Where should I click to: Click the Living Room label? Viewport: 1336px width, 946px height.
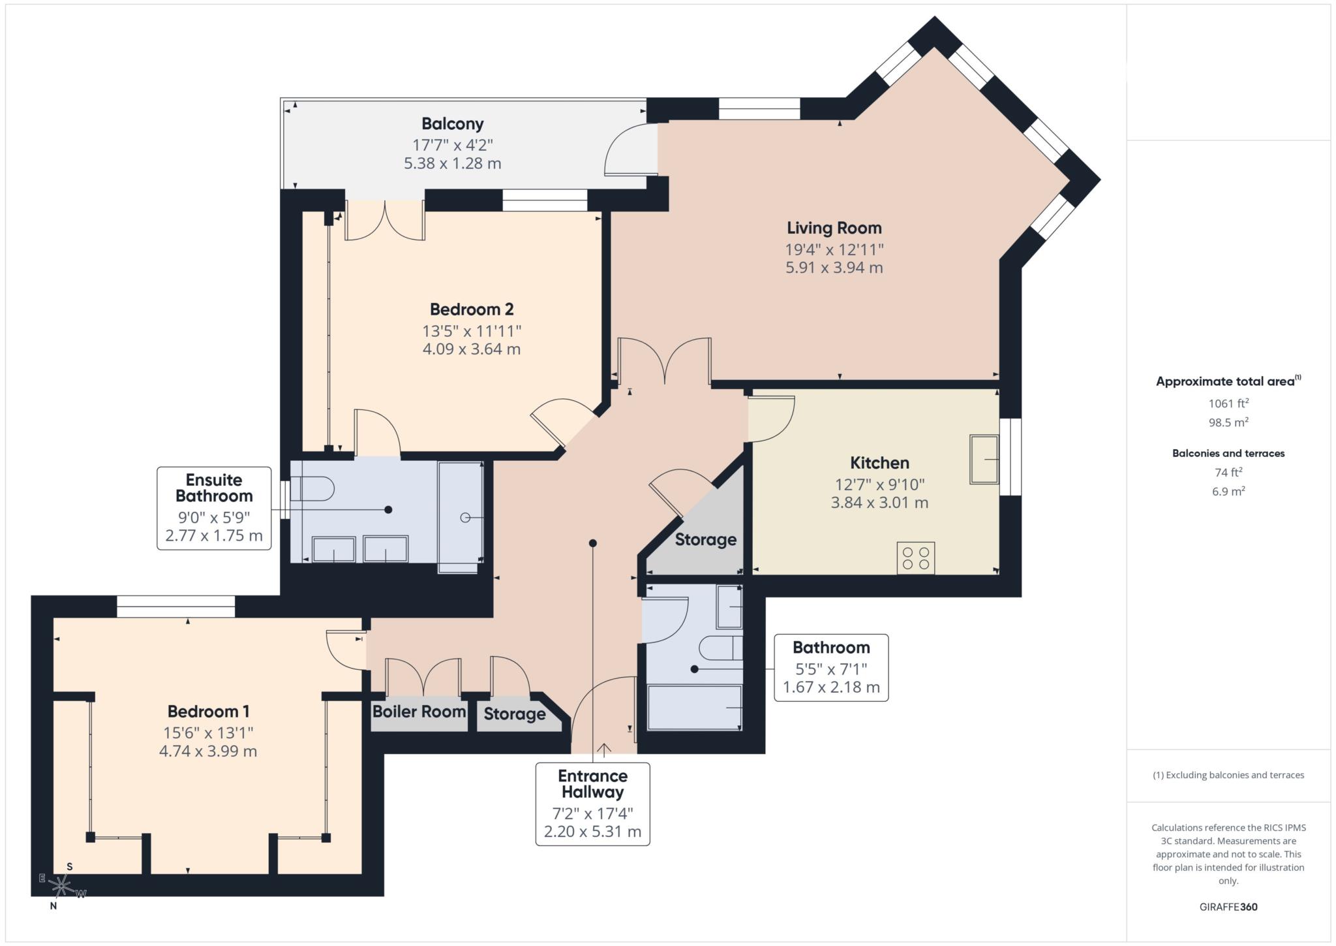pyautogui.click(x=834, y=228)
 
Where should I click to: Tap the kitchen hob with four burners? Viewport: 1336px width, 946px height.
pyautogui.click(x=915, y=558)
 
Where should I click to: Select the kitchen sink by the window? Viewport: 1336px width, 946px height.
pyautogui.click(x=984, y=460)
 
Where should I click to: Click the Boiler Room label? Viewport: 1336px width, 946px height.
pyautogui.click(x=419, y=712)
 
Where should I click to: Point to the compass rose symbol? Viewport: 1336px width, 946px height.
pyautogui.click(x=61, y=886)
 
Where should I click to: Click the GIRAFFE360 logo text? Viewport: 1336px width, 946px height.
pyautogui.click(x=1228, y=907)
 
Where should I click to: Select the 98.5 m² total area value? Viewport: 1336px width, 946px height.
pyautogui.click(x=1228, y=422)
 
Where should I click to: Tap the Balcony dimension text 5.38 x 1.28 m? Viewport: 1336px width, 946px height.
pyautogui.click(x=452, y=163)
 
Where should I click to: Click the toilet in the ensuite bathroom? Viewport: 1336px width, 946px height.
pyautogui.click(x=313, y=488)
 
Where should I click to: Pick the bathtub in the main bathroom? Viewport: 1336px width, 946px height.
pyautogui.click(x=694, y=708)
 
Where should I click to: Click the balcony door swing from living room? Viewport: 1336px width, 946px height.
pyautogui.click(x=630, y=150)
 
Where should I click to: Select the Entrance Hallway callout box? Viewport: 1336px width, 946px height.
pyautogui.click(x=592, y=804)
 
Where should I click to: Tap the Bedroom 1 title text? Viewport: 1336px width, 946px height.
pyautogui.click(x=208, y=712)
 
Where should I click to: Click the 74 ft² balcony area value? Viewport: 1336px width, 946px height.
pyautogui.click(x=1228, y=472)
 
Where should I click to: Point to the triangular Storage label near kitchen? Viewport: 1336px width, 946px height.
pyautogui.click(x=705, y=540)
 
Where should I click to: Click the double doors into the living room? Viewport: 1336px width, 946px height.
pyautogui.click(x=664, y=360)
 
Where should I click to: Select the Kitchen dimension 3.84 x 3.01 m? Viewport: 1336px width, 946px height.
pyautogui.click(x=879, y=503)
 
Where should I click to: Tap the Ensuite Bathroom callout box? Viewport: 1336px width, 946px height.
pyautogui.click(x=214, y=508)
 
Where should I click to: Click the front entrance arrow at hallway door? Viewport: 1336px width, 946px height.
pyautogui.click(x=604, y=749)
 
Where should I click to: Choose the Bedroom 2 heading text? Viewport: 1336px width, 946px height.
pyautogui.click(x=471, y=309)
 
